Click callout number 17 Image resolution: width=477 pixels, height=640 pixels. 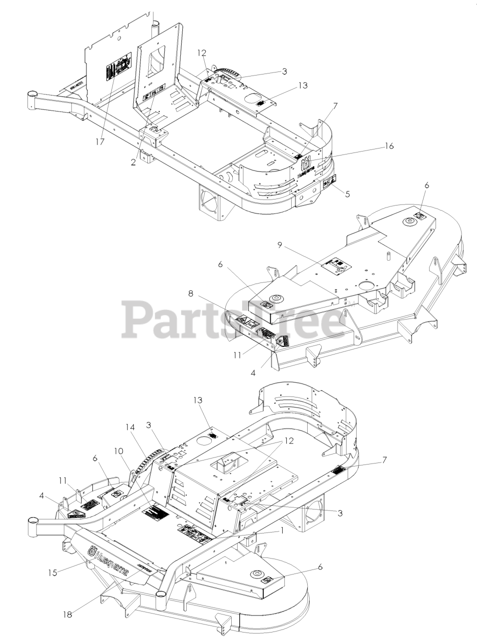[x=100, y=142]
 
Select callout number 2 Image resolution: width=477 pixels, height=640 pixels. [x=133, y=162]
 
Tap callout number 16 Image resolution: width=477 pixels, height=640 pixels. [x=389, y=146]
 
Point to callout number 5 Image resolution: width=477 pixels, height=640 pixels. [x=348, y=193]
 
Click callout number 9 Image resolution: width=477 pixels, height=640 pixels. [x=280, y=245]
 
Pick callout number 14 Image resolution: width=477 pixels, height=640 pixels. [x=130, y=428]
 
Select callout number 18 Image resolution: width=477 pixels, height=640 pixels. [x=67, y=614]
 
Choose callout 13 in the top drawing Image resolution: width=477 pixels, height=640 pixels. [x=289, y=85]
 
